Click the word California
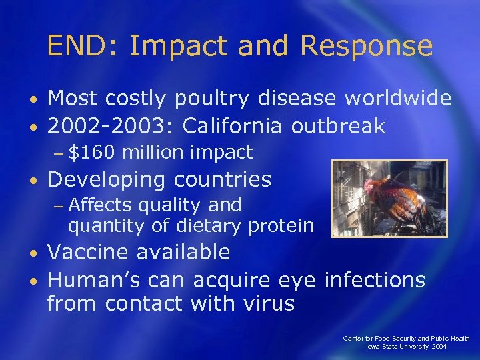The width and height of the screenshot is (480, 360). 241,125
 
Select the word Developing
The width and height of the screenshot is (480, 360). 106,180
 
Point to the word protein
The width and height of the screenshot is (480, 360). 280,226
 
